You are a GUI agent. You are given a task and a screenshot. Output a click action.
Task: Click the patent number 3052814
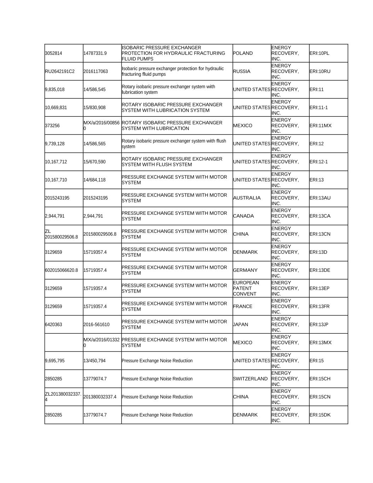pyautogui.click(x=53, y=53)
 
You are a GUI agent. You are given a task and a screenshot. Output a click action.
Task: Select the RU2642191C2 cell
pyautogui.click(x=60, y=71)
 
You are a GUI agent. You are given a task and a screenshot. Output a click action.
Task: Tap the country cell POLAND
pyautogui.click(x=243, y=53)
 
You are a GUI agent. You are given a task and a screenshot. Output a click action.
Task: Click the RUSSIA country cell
pyautogui.click(x=242, y=71)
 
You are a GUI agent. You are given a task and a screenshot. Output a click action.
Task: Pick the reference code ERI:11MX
pyautogui.click(x=320, y=126)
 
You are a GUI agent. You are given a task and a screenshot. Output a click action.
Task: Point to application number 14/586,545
pyautogui.click(x=94, y=90)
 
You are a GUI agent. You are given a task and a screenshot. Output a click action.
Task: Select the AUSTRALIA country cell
pyautogui.click(x=247, y=198)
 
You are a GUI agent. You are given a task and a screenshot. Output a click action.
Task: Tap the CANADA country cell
pyautogui.click(x=243, y=216)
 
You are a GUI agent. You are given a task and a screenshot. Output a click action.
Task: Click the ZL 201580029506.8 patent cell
pyautogui.click(x=61, y=234)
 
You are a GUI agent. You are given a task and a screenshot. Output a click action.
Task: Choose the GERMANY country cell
pyautogui.click(x=245, y=270)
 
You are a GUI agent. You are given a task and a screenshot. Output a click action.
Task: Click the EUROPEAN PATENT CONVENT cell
pyautogui.click(x=246, y=288)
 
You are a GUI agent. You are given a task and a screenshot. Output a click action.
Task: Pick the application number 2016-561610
pyautogui.click(x=96, y=324)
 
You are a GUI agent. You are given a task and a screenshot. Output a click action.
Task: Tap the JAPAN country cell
pyautogui.click(x=240, y=324)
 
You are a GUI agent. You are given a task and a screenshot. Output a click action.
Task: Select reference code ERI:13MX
pyautogui.click(x=320, y=343)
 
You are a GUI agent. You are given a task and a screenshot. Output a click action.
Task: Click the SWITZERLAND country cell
pyautogui.click(x=250, y=379)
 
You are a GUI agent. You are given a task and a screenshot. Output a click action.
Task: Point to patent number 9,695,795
pyautogui.click(x=54, y=361)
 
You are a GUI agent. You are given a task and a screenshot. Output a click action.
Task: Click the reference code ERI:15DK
pyautogui.click(x=320, y=415)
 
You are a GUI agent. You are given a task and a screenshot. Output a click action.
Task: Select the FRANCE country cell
pyautogui.click(x=243, y=306)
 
